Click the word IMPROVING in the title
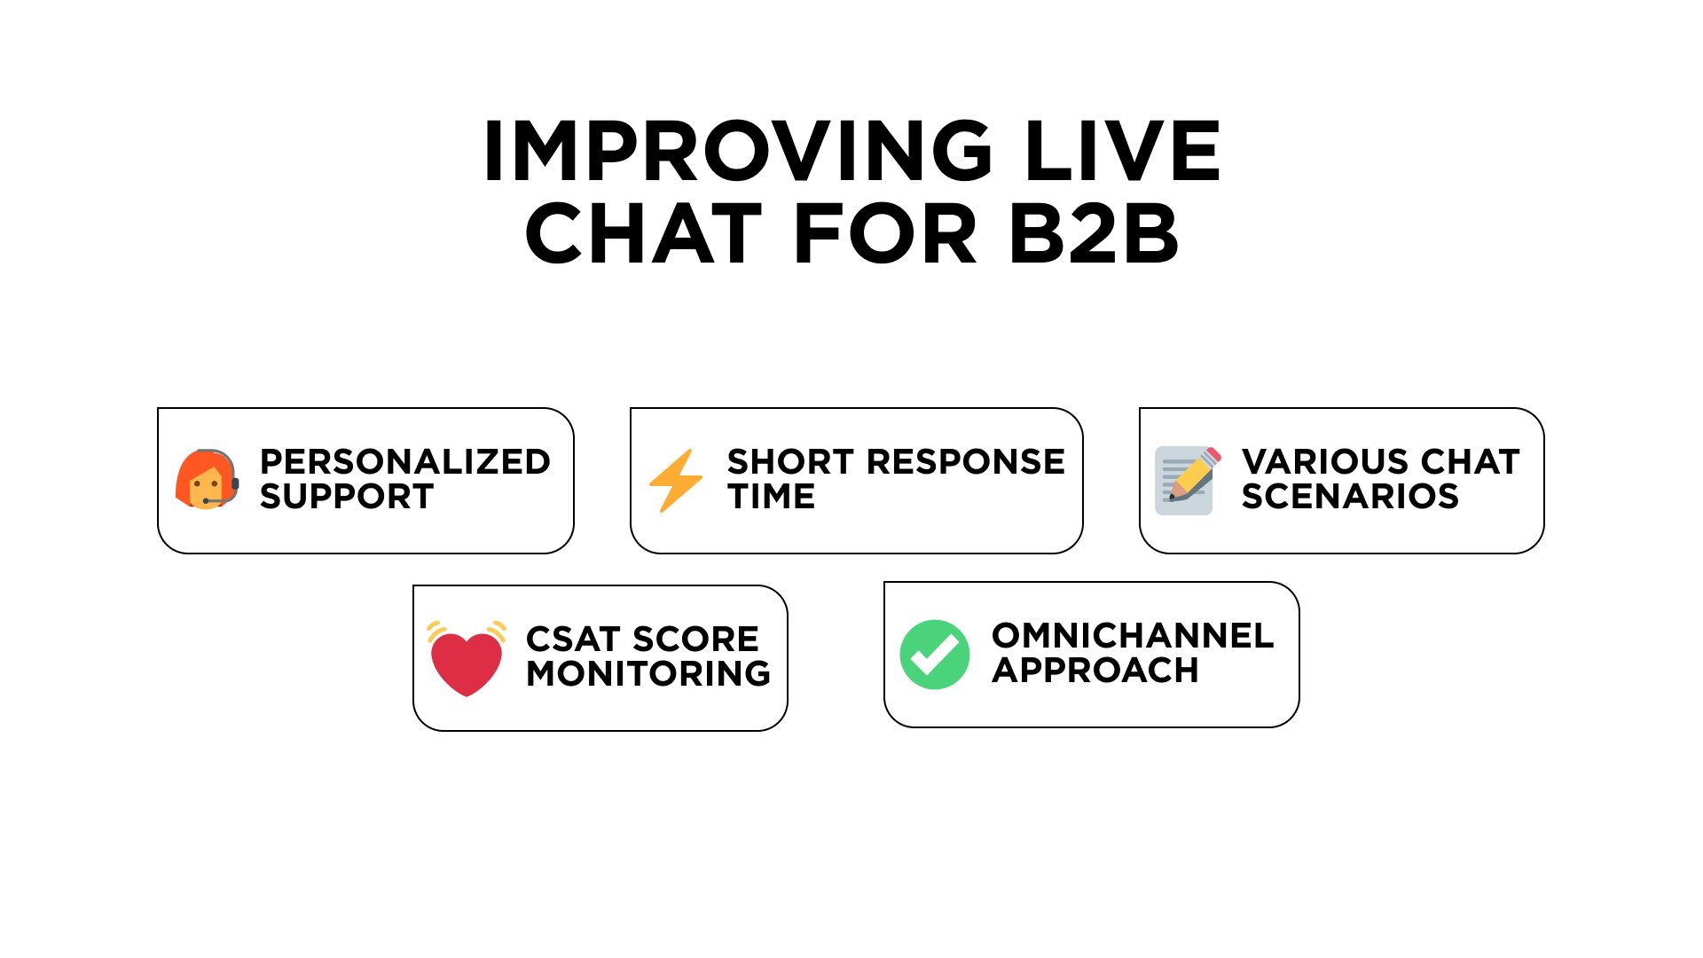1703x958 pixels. click(738, 151)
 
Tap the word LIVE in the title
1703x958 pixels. click(1123, 151)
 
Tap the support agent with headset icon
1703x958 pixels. click(208, 479)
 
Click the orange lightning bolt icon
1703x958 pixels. click(676, 481)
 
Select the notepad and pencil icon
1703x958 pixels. click(1188, 481)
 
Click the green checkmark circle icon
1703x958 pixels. click(935, 655)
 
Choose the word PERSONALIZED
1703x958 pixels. click(405, 462)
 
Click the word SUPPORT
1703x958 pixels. click(347, 497)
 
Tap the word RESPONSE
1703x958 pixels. click(966, 462)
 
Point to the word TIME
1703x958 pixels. click(771, 497)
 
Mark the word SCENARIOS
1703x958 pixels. click(1350, 497)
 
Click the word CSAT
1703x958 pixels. click(572, 640)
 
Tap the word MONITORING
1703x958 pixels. click(648, 674)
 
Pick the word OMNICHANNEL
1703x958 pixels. click(1133, 636)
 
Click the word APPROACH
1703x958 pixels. click(1095, 671)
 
